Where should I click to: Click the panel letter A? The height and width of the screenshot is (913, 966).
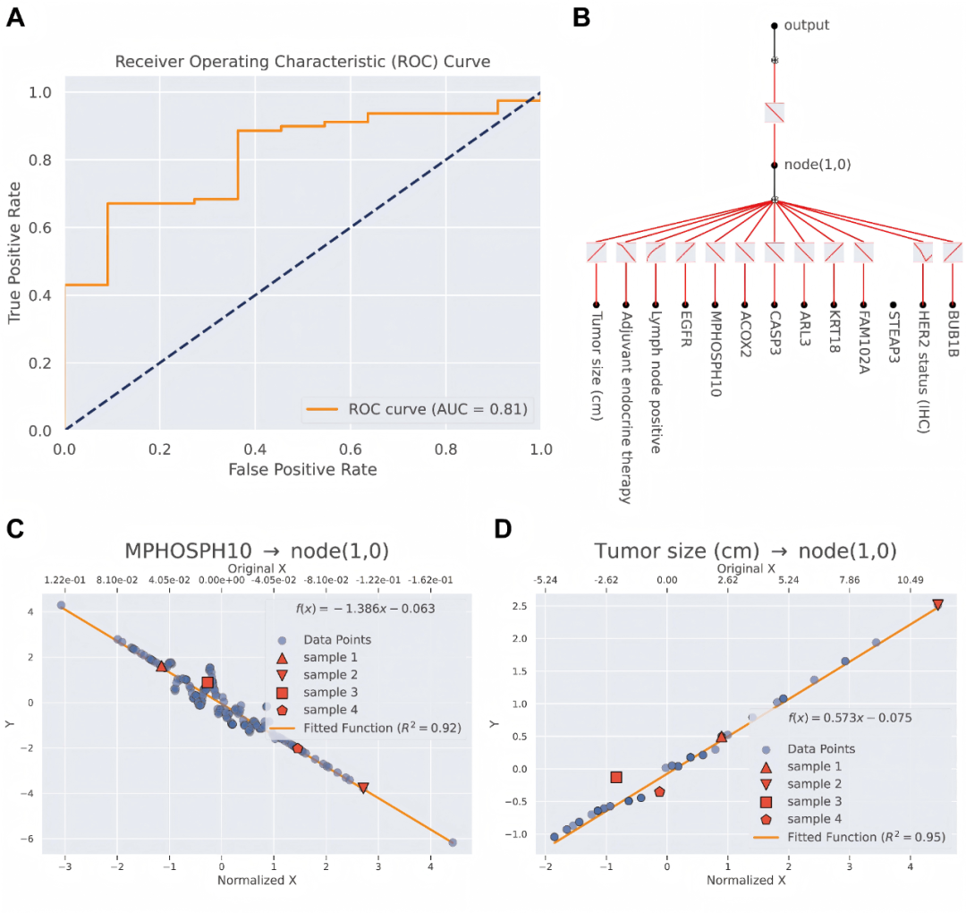[15, 18]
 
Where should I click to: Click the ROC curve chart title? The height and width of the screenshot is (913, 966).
[302, 62]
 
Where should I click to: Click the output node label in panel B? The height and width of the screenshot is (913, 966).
[806, 25]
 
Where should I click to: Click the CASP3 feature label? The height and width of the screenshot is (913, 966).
[774, 333]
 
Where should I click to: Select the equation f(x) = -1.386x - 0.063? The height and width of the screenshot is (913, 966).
[365, 609]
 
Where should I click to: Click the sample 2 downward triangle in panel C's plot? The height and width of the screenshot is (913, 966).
[362, 788]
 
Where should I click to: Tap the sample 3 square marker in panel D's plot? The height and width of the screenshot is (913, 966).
[615, 777]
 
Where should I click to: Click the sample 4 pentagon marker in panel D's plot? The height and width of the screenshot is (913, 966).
[659, 791]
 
